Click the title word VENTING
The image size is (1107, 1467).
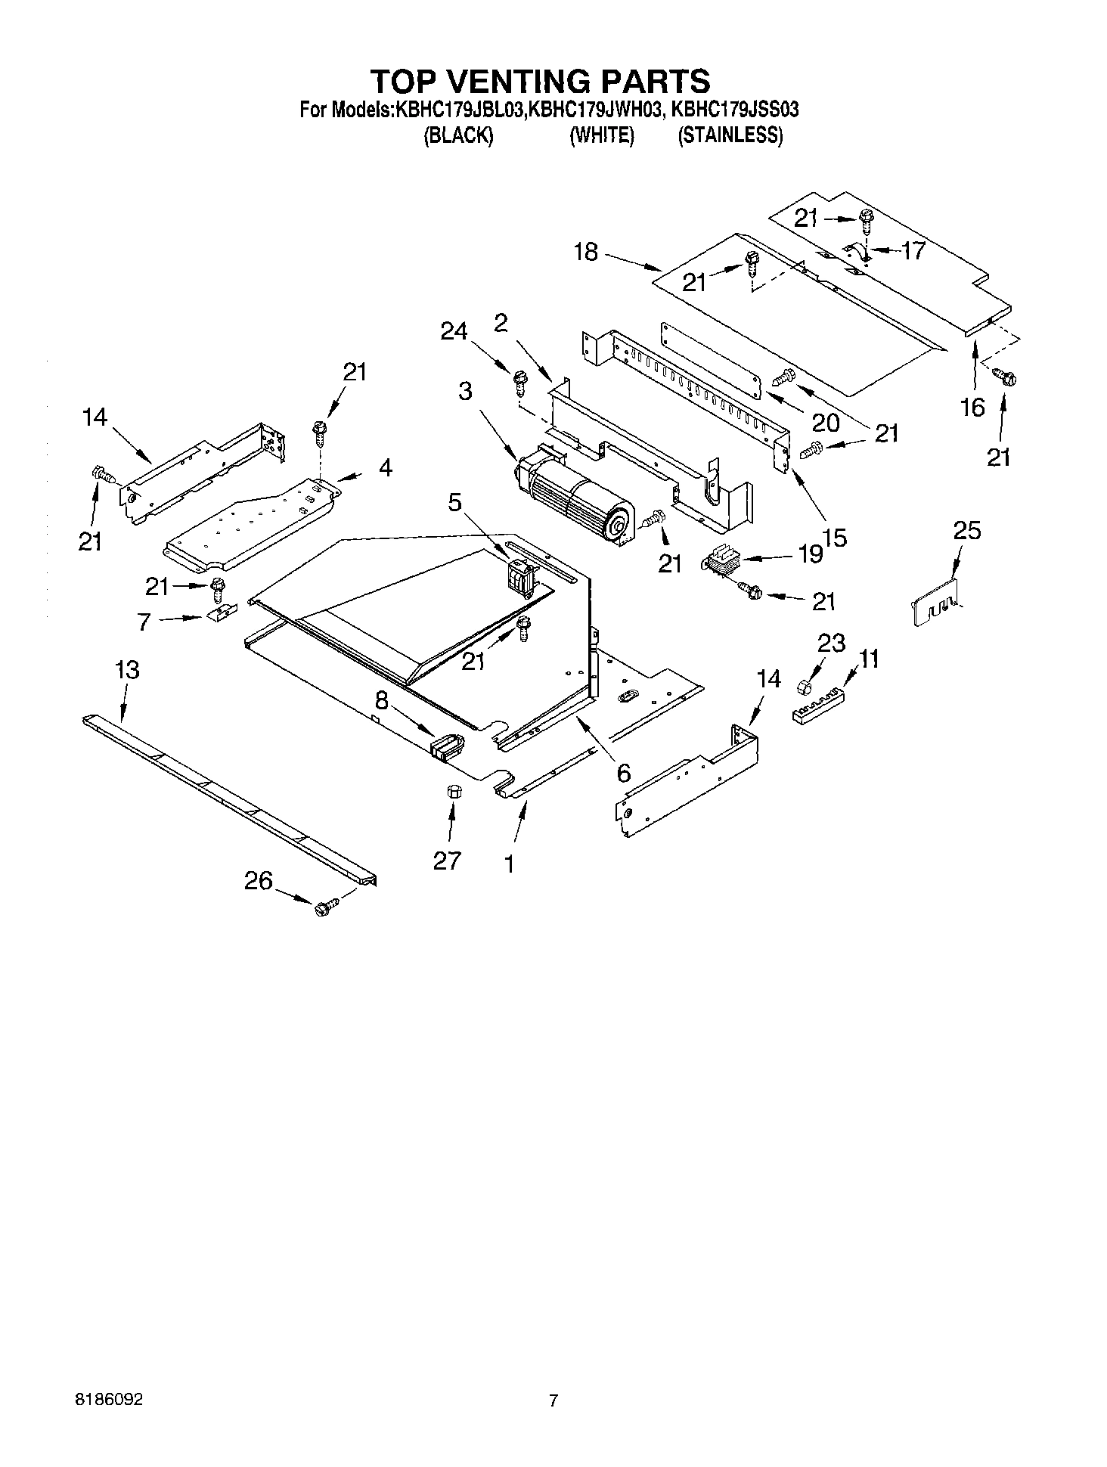[540, 81]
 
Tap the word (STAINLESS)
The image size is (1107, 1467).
[730, 136]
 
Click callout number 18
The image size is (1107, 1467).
[585, 252]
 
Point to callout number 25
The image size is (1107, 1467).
[966, 531]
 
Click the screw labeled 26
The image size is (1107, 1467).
[324, 907]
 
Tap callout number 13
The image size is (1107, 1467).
[127, 670]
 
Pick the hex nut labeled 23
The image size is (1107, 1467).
[804, 687]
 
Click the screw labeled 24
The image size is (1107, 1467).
[519, 380]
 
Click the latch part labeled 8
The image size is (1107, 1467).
[447, 746]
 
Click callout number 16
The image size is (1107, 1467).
[972, 407]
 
